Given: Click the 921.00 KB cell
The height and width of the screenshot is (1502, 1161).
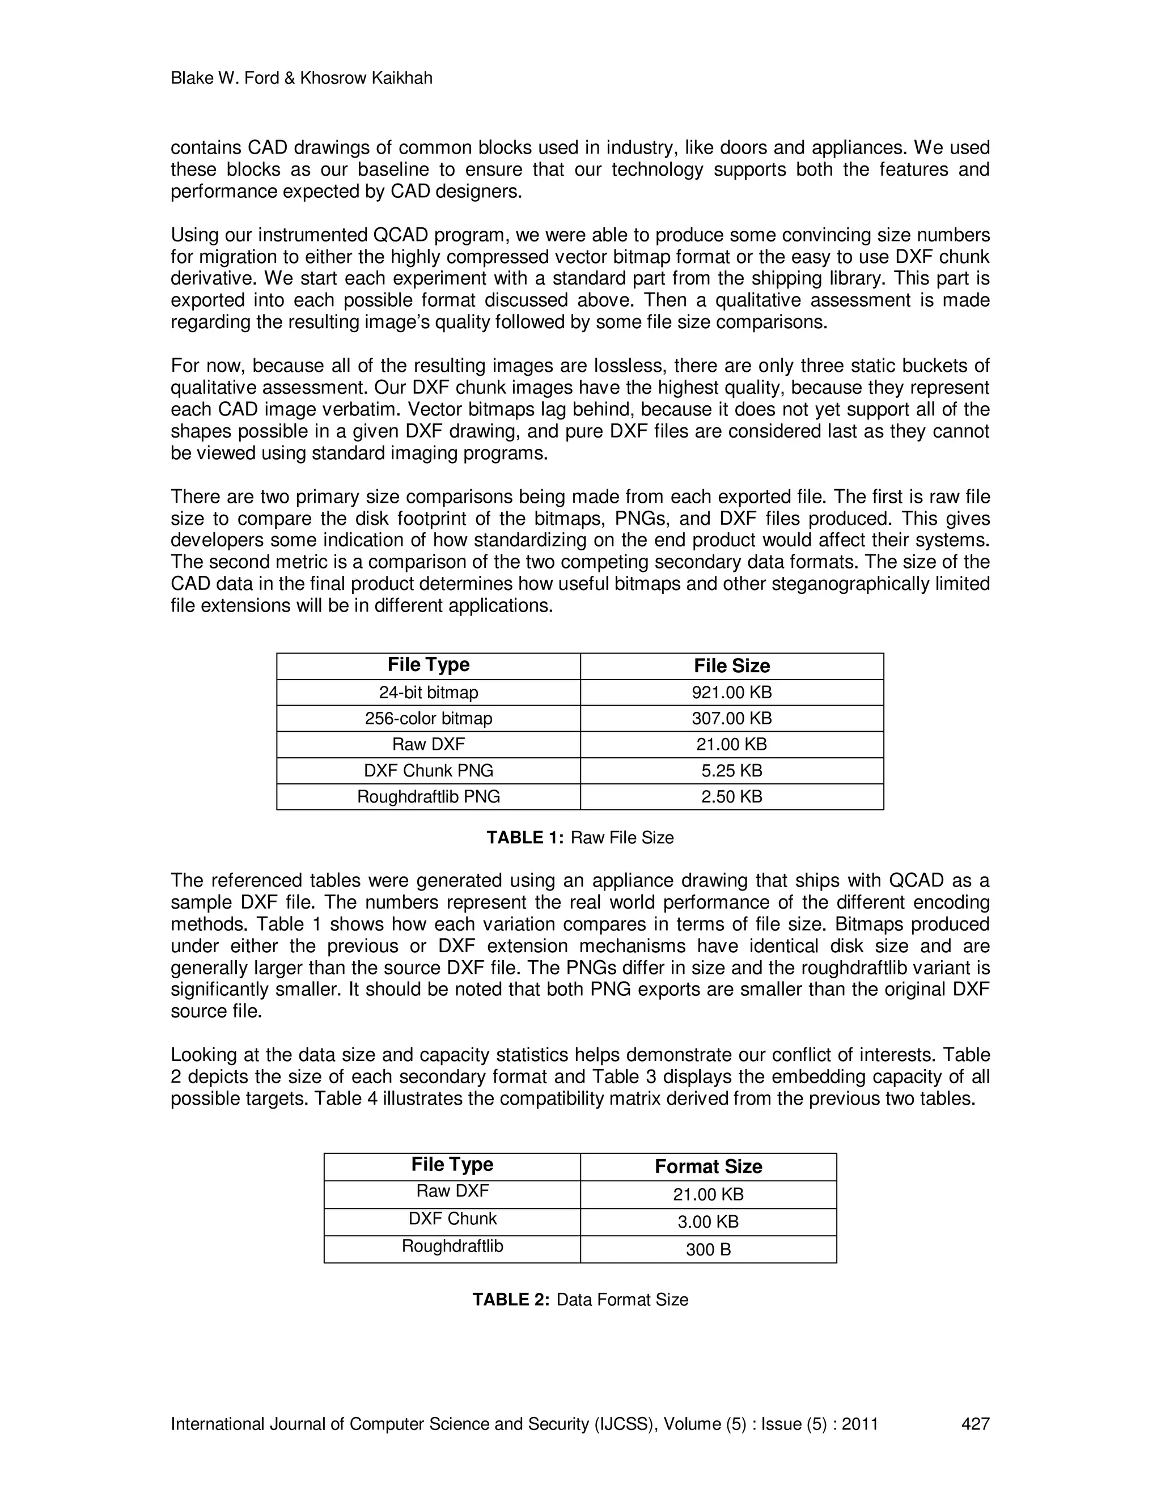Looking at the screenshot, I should pos(731,693).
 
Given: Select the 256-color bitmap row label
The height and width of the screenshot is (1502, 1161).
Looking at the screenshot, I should pos(428,719).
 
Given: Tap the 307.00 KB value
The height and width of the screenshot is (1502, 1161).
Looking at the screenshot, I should pos(731,719).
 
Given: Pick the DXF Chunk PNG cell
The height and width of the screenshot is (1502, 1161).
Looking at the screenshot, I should pos(428,770).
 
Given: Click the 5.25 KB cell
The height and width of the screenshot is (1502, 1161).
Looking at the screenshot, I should pos(731,770).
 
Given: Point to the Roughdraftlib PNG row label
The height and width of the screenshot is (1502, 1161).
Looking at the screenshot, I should pos(428,796).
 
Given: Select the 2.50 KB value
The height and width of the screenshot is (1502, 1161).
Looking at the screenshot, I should pos(731,796).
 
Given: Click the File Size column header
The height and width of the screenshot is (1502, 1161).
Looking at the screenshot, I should pos(731,666).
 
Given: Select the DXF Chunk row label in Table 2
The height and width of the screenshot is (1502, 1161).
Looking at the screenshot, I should pos(452,1219).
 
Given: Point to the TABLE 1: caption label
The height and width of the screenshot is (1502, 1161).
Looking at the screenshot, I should pos(525,838).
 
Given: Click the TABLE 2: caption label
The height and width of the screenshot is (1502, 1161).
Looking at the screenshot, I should pos(510,1300).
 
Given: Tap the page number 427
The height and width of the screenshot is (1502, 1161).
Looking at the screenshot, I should pos(974,1424).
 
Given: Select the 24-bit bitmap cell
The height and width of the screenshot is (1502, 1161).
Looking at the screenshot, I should pos(428,693).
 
